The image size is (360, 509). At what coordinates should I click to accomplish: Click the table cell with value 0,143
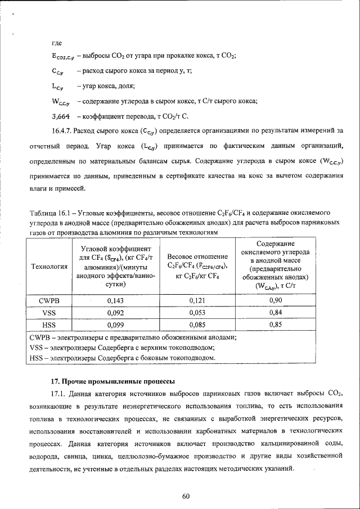click(115, 300)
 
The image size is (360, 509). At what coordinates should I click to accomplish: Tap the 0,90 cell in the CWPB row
click(276, 300)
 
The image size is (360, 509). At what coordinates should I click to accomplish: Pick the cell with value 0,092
click(115, 312)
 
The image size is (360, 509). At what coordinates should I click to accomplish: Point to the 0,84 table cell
click(276, 312)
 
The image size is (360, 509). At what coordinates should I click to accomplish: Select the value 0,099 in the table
click(115, 325)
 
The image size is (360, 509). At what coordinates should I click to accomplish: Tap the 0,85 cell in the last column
click(276, 325)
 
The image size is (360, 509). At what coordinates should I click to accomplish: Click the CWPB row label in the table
click(49, 300)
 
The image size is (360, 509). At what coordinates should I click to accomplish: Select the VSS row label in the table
click(49, 312)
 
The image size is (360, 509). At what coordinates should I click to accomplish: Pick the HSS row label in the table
click(49, 325)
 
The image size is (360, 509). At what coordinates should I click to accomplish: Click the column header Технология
click(49, 266)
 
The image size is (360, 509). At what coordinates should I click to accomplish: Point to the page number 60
click(186, 496)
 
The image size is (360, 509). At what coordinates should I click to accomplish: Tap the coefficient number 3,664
click(60, 116)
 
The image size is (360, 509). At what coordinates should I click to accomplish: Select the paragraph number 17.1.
click(59, 395)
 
